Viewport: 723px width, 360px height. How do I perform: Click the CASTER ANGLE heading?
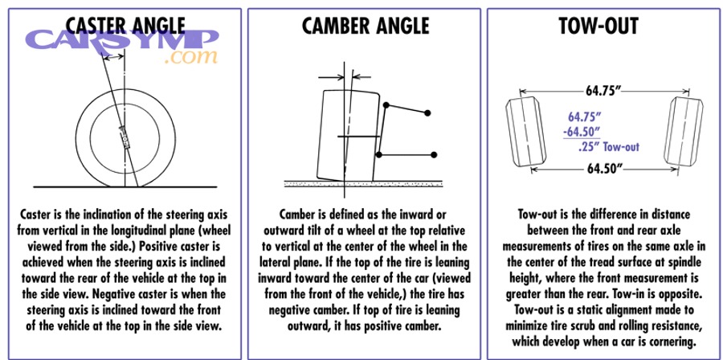coord(121,26)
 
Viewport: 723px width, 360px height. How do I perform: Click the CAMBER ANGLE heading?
coord(365,26)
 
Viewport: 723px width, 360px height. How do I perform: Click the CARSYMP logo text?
coord(121,42)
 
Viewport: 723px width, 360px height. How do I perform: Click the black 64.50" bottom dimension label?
coord(605,170)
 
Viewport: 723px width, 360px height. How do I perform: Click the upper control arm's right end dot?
coord(429,111)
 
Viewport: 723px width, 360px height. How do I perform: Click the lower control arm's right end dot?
coord(434,154)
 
